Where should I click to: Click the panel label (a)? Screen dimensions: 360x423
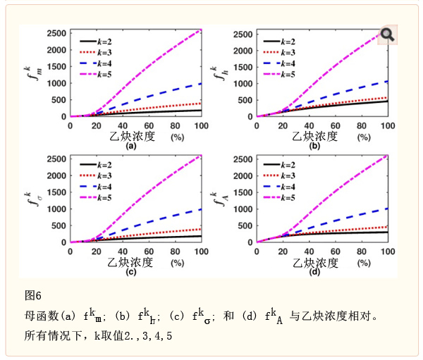pos(130,147)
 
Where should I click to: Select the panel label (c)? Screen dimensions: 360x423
pos(130,272)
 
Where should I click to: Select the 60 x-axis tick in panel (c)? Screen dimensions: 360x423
pos(149,252)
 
